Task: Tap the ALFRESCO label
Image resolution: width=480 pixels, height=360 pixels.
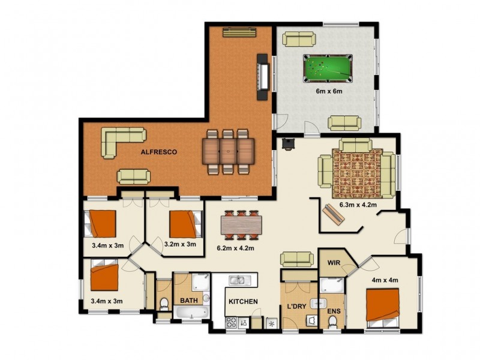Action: [159, 152]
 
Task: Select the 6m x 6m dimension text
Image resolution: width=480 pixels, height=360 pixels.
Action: [329, 92]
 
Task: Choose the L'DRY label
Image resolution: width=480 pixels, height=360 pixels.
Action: [298, 307]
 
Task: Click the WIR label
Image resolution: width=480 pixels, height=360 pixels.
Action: [334, 263]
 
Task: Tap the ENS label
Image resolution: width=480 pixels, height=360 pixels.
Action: [334, 311]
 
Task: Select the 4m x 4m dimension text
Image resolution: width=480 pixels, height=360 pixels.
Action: [385, 280]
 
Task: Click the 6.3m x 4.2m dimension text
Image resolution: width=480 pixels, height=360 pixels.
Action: [358, 205]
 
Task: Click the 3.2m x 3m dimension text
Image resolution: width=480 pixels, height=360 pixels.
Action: [180, 244]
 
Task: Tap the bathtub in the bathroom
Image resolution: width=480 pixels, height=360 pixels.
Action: [191, 313]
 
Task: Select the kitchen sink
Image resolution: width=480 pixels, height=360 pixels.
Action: [238, 280]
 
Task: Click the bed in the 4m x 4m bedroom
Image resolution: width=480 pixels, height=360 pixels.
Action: [382, 307]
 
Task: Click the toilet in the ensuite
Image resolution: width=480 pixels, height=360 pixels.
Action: [333, 323]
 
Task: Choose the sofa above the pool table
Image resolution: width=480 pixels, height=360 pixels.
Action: [299, 40]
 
